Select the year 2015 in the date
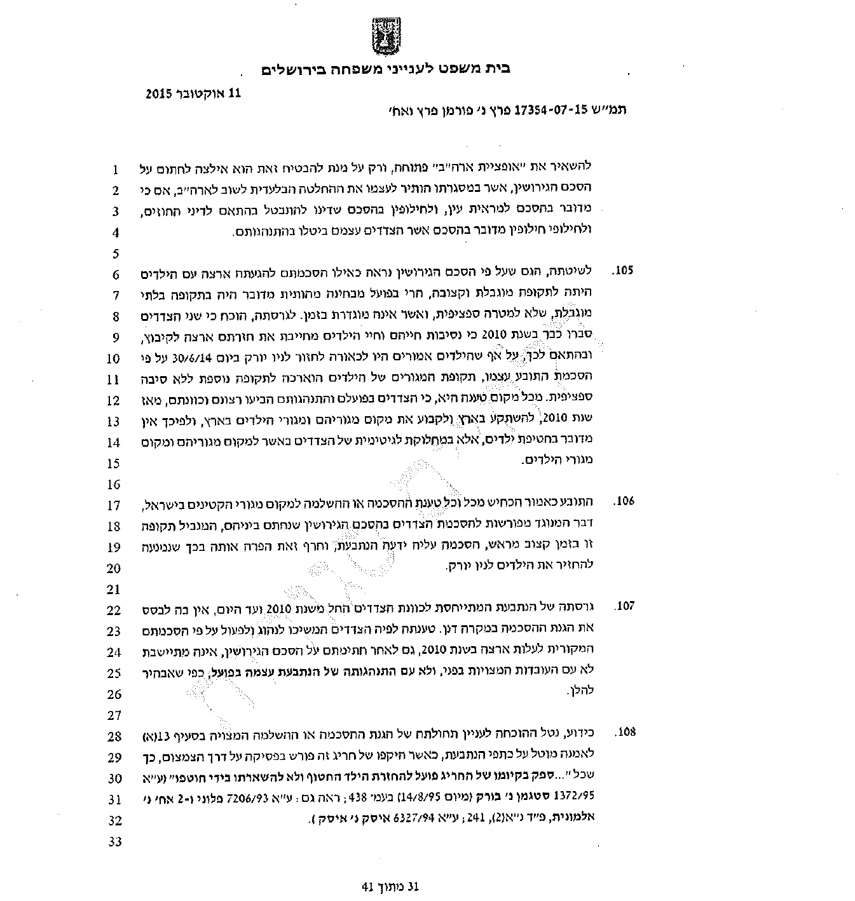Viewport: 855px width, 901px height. [159, 93]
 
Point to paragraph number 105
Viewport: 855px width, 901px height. [624, 271]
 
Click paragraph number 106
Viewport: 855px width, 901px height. [624, 501]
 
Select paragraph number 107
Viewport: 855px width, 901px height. [624, 606]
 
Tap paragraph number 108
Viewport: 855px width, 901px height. [624, 732]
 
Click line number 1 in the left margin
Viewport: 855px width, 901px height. [116, 170]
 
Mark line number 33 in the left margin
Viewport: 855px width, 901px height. [115, 842]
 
